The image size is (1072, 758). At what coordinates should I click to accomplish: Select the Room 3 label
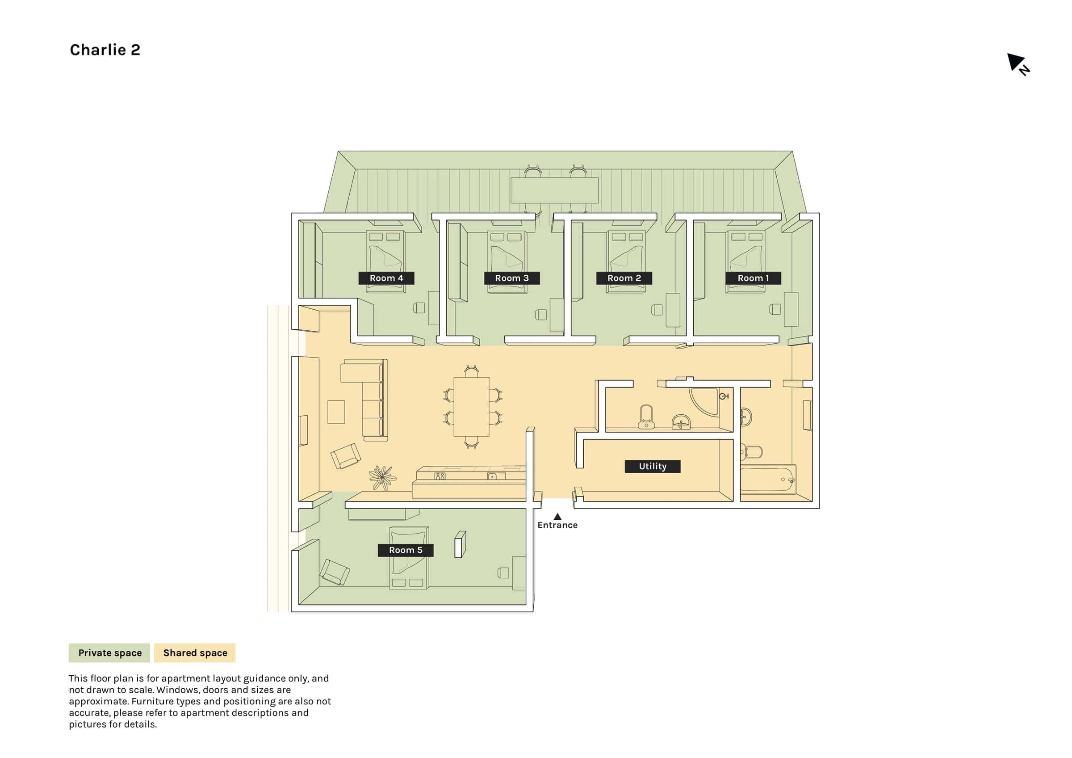512,278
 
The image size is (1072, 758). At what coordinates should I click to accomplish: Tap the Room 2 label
624,278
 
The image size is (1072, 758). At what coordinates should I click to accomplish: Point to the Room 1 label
753,278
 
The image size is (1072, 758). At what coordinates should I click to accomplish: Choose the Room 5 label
406,550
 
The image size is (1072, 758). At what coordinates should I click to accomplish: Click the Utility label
653,466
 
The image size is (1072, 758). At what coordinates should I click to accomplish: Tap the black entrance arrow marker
557,516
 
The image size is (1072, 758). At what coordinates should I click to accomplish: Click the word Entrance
557,525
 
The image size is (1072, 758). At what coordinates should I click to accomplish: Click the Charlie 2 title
105,50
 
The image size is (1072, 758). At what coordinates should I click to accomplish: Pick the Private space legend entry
109,653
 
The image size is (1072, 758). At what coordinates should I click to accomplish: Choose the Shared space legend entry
195,653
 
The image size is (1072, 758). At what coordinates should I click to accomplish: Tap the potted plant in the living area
382,478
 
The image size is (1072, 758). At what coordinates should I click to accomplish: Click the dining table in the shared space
472,406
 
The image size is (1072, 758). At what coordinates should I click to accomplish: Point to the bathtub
768,479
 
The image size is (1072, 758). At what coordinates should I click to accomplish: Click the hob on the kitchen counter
440,476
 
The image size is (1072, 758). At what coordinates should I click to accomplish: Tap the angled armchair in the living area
346,456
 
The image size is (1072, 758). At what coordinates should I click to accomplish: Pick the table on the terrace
555,190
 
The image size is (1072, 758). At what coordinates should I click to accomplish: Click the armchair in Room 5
334,572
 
